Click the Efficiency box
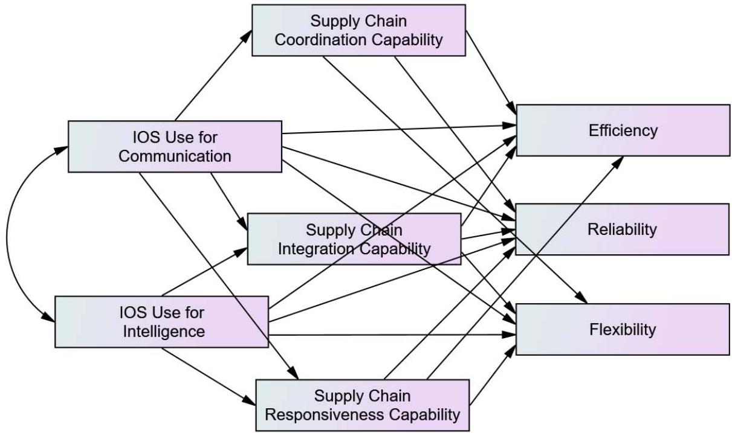(x=623, y=130)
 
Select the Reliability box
(x=623, y=229)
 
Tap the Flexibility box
(x=623, y=329)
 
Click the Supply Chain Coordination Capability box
(x=360, y=31)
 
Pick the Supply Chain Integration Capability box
(x=354, y=239)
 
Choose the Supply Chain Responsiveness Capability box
(x=363, y=405)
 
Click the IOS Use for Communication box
(x=175, y=146)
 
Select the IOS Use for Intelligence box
(x=161, y=322)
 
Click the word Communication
(x=175, y=156)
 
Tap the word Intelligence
(x=161, y=332)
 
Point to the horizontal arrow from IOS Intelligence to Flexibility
(x=393, y=334)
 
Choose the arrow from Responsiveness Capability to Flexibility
(x=493, y=375)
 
